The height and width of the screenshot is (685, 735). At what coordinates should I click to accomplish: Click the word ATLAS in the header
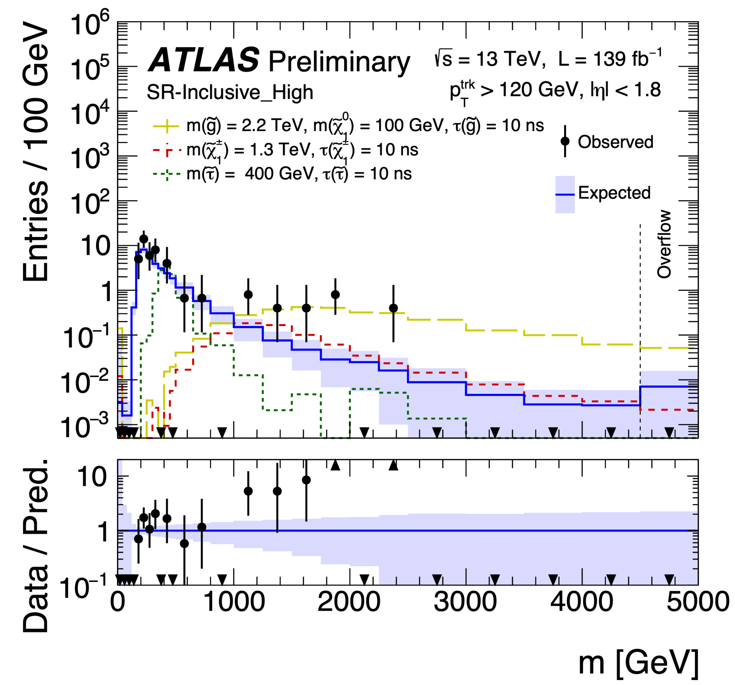click(204, 60)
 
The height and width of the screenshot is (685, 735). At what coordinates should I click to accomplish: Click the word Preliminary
click(339, 62)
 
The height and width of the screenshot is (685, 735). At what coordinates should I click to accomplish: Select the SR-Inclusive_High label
click(230, 92)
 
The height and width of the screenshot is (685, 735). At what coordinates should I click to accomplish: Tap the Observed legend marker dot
click(565, 141)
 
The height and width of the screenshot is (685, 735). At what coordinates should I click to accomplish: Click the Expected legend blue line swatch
click(565, 195)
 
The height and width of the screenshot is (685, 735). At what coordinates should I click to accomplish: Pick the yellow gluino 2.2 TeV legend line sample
click(167, 126)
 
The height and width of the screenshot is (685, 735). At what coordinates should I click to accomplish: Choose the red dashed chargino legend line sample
click(167, 150)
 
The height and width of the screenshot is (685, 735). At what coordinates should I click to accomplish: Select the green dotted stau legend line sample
click(167, 174)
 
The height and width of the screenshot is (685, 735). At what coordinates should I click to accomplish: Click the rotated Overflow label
click(664, 244)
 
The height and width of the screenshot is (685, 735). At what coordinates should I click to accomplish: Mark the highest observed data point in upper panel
click(144, 239)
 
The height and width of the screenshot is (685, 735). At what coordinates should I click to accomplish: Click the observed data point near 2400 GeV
click(393, 308)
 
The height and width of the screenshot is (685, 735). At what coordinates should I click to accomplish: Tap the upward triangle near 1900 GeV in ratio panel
click(335, 465)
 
